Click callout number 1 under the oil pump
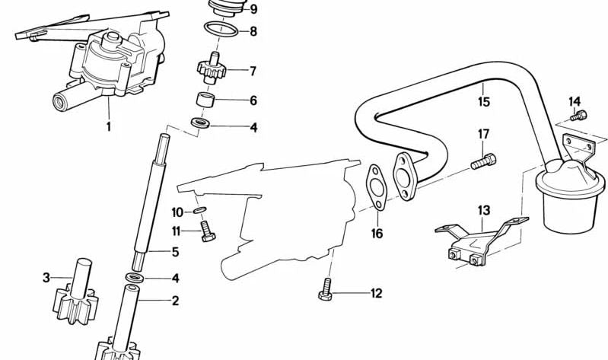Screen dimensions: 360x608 (108, 126)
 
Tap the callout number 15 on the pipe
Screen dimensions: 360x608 (484, 100)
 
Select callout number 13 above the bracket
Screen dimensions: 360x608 (484, 210)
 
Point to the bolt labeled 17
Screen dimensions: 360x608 (482, 161)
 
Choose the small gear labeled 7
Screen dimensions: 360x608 (209, 69)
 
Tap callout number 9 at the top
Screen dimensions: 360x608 (253, 10)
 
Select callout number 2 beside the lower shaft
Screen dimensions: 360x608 (175, 301)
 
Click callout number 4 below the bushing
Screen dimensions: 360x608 (253, 128)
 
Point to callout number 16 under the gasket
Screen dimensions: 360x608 (377, 234)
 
